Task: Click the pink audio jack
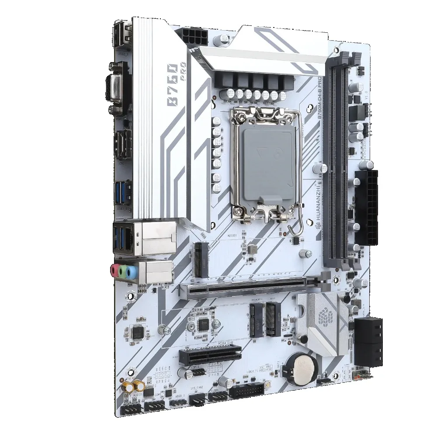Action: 114,271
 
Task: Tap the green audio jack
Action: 122,272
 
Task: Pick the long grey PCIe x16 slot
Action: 253,286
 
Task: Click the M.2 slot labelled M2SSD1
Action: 201,260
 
